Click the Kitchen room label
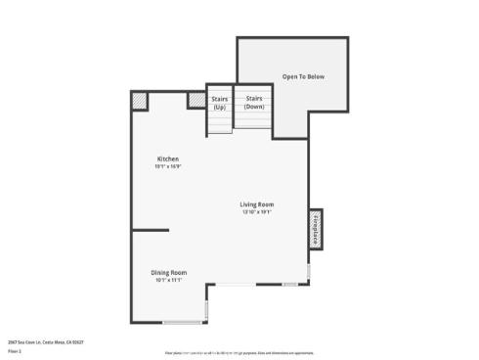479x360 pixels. [x=168, y=158]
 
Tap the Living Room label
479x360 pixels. [x=256, y=203]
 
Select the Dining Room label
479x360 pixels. [x=168, y=272]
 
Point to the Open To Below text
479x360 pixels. [x=303, y=75]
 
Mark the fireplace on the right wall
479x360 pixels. [x=316, y=223]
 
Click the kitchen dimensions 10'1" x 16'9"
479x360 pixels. [x=168, y=166]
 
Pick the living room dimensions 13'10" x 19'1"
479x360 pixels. [x=256, y=211]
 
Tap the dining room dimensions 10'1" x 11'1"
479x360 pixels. [x=168, y=280]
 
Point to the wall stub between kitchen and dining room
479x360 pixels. [x=151, y=231]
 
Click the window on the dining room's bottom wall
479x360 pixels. [x=182, y=322]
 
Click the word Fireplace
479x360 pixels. [x=317, y=223]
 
